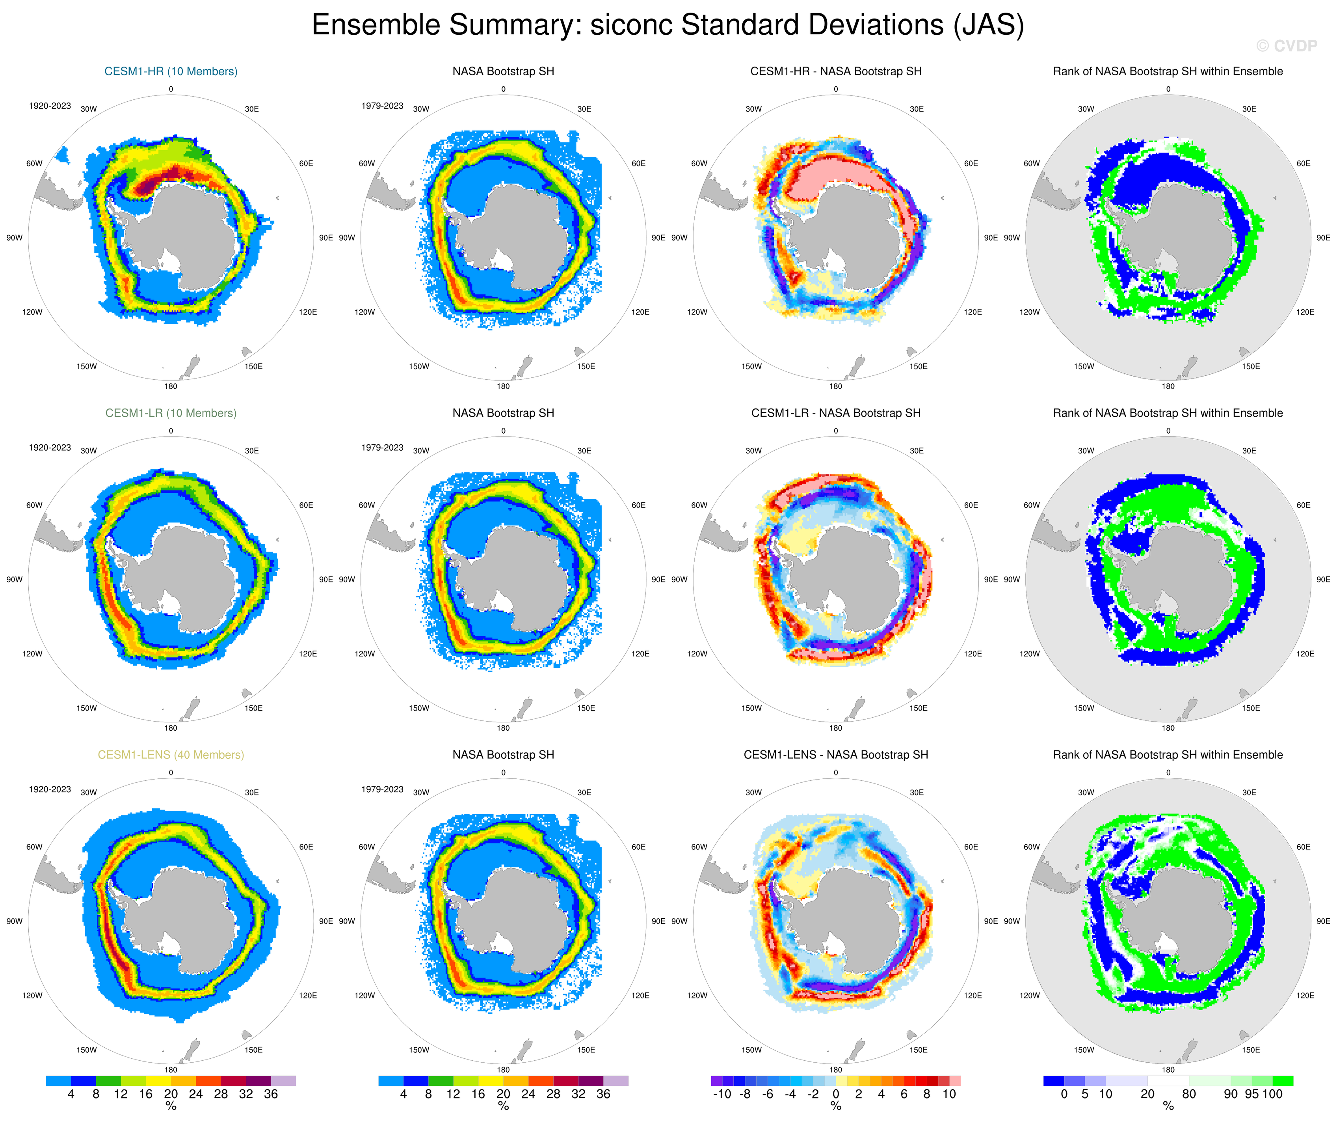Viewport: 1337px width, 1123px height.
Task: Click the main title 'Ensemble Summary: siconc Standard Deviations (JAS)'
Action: (667, 26)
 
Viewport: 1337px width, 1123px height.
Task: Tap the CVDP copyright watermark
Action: (1286, 46)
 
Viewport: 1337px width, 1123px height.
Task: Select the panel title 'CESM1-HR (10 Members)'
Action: (171, 71)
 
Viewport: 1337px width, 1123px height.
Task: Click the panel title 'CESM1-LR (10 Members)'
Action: (171, 413)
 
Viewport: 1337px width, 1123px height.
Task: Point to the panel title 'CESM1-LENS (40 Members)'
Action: (171, 755)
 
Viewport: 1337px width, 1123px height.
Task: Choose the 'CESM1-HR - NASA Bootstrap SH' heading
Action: (835, 71)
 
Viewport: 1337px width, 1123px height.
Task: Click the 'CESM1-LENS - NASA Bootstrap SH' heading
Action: (835, 755)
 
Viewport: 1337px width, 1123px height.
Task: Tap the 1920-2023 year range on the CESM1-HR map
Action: (50, 106)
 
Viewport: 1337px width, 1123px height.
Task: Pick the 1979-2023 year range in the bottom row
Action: (382, 789)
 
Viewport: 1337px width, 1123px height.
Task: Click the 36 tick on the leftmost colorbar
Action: (271, 1094)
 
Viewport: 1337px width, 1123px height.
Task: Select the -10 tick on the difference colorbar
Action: (721, 1094)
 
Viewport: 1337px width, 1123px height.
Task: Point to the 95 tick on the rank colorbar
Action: (1251, 1094)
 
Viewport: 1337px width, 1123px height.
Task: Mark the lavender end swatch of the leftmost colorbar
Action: (283, 1081)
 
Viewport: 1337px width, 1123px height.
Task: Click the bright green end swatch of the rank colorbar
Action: (1282, 1081)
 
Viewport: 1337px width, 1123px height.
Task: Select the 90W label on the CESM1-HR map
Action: (14, 238)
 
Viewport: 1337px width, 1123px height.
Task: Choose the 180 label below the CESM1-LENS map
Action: (171, 1070)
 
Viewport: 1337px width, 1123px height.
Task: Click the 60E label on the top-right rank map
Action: (1303, 164)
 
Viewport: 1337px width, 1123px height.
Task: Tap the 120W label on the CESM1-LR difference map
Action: (697, 653)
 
